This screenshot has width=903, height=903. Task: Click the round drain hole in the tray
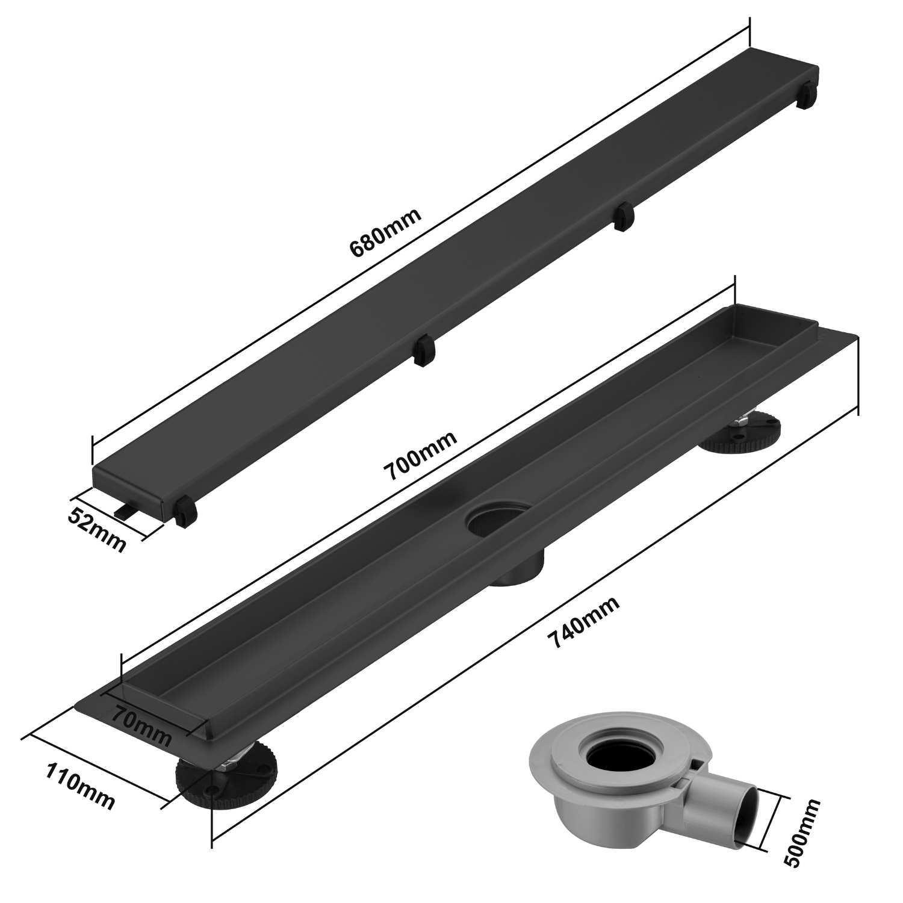coord(498,521)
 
